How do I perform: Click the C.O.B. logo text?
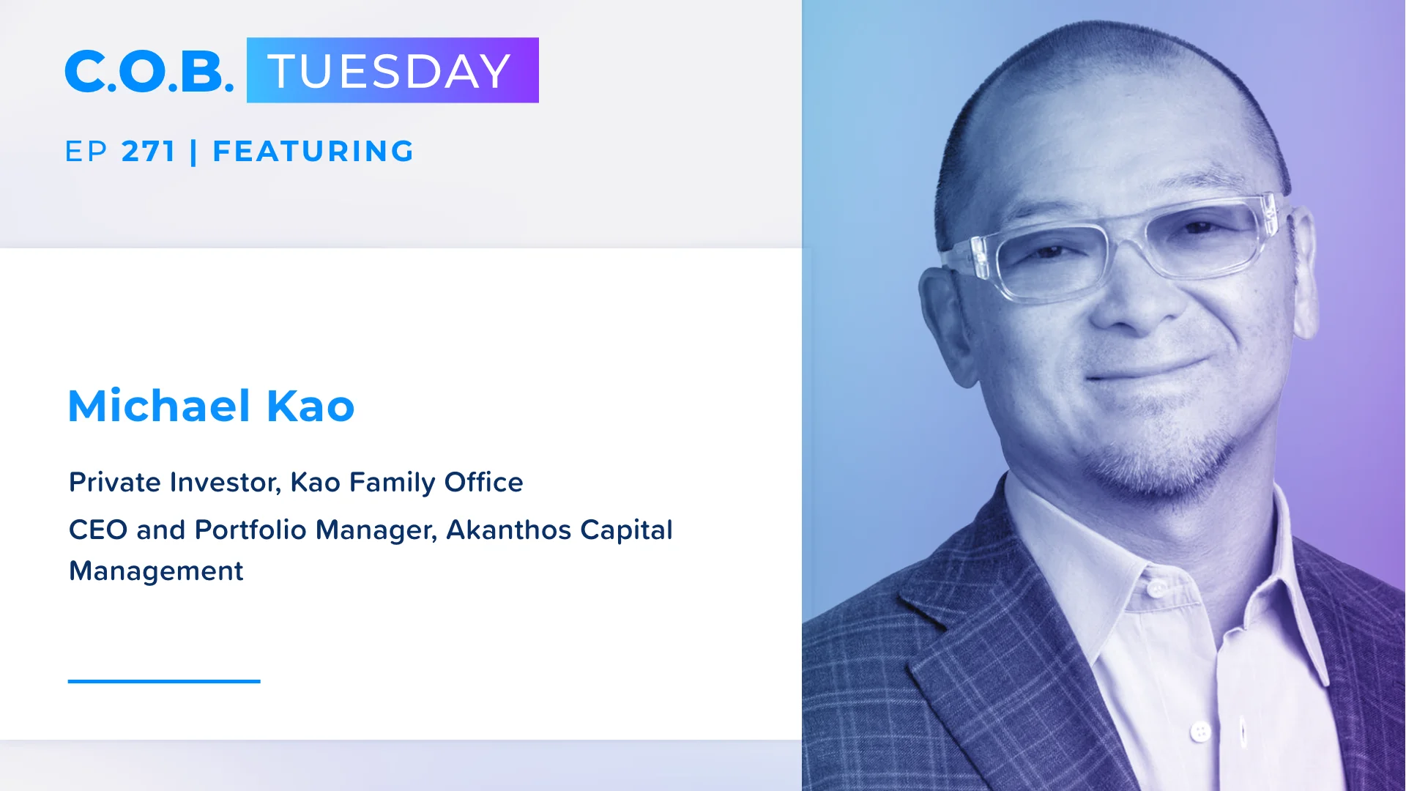click(149, 71)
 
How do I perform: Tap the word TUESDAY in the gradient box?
click(389, 71)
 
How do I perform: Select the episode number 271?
click(149, 152)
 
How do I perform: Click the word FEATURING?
click(313, 152)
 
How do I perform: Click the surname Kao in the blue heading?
click(310, 406)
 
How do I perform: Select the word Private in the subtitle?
click(115, 482)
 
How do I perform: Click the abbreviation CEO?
click(98, 530)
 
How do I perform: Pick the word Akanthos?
click(508, 530)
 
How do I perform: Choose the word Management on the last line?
click(156, 571)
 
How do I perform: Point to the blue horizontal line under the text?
click(164, 681)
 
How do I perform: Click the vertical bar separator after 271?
click(193, 152)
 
